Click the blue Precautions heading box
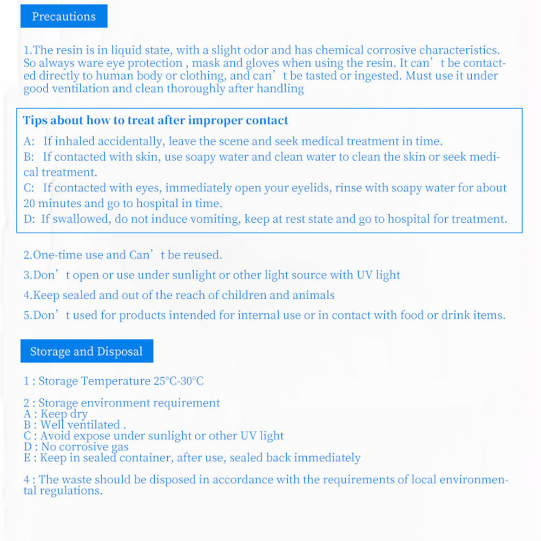pyautogui.click(x=64, y=16)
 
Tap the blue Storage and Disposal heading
pyautogui.click(x=87, y=352)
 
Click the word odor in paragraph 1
pyautogui.click(x=254, y=50)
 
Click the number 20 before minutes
pyautogui.click(x=30, y=204)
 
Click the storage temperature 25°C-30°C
pyautogui.click(x=178, y=381)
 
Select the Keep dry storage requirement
pyautogui.click(x=64, y=414)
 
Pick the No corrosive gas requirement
pyautogui.click(x=85, y=447)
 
